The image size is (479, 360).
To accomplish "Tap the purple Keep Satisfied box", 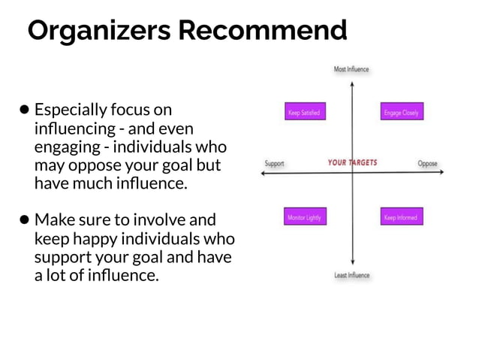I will click(x=304, y=113).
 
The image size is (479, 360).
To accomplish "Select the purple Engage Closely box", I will click(x=402, y=113).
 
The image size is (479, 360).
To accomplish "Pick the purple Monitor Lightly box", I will click(x=304, y=217).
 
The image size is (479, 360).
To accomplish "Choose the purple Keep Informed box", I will click(x=402, y=217).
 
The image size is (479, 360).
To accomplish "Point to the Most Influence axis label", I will click(x=351, y=69).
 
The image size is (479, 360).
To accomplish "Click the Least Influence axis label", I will click(x=352, y=276).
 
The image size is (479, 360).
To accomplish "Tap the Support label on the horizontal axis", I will click(x=275, y=163).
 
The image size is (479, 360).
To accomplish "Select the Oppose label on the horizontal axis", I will click(x=427, y=163).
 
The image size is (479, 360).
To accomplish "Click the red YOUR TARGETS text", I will click(x=352, y=162).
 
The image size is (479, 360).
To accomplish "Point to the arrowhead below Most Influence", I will click(x=352, y=83).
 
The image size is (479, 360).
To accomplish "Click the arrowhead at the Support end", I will click(x=262, y=174).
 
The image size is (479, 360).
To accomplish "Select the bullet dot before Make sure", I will click(x=25, y=220).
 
